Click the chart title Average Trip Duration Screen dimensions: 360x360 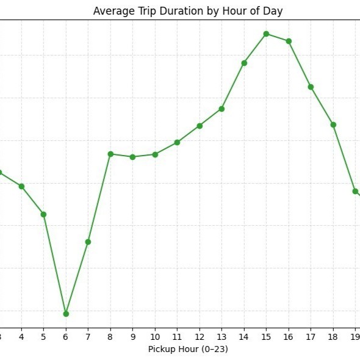tap(188, 11)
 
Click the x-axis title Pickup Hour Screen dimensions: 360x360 tap(188, 349)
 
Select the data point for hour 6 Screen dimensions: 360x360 tap(66, 314)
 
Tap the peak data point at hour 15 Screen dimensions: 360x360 tap(266, 34)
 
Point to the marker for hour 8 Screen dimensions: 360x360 tap(110, 154)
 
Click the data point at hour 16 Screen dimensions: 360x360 tap(289, 41)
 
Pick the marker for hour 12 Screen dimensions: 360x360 tap(200, 126)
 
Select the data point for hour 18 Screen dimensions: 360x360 tap(333, 125)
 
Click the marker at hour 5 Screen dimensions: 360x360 tap(43, 214)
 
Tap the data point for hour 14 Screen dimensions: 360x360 tap(244, 63)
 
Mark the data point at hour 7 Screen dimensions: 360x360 tap(88, 242)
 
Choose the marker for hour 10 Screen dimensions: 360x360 tap(155, 154)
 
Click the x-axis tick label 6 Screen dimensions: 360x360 tap(66, 337)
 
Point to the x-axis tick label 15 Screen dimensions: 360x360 tap(266, 337)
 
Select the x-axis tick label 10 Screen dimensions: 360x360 tap(155, 337)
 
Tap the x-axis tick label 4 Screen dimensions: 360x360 tap(21, 337)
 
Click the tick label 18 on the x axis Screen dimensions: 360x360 tap(333, 337)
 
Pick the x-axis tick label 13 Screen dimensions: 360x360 tap(221, 337)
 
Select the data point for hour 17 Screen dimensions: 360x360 tap(311, 87)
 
